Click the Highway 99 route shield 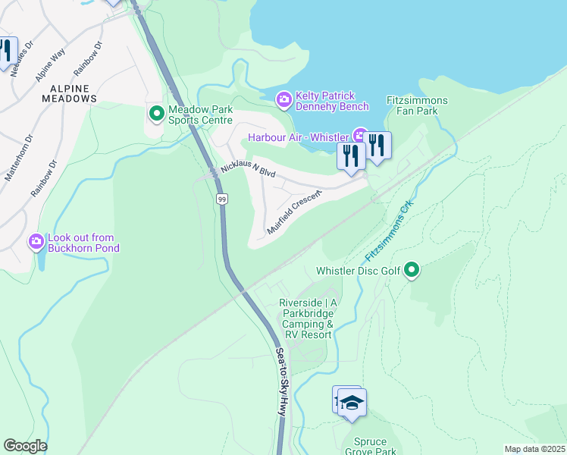(221, 199)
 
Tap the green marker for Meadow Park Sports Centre (157, 114)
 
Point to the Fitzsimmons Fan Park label (417, 105)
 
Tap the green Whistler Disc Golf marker (412, 270)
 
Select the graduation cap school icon (352, 402)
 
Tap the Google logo (25, 445)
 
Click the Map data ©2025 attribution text (534, 449)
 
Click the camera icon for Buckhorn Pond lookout (36, 242)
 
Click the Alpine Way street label (50, 66)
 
